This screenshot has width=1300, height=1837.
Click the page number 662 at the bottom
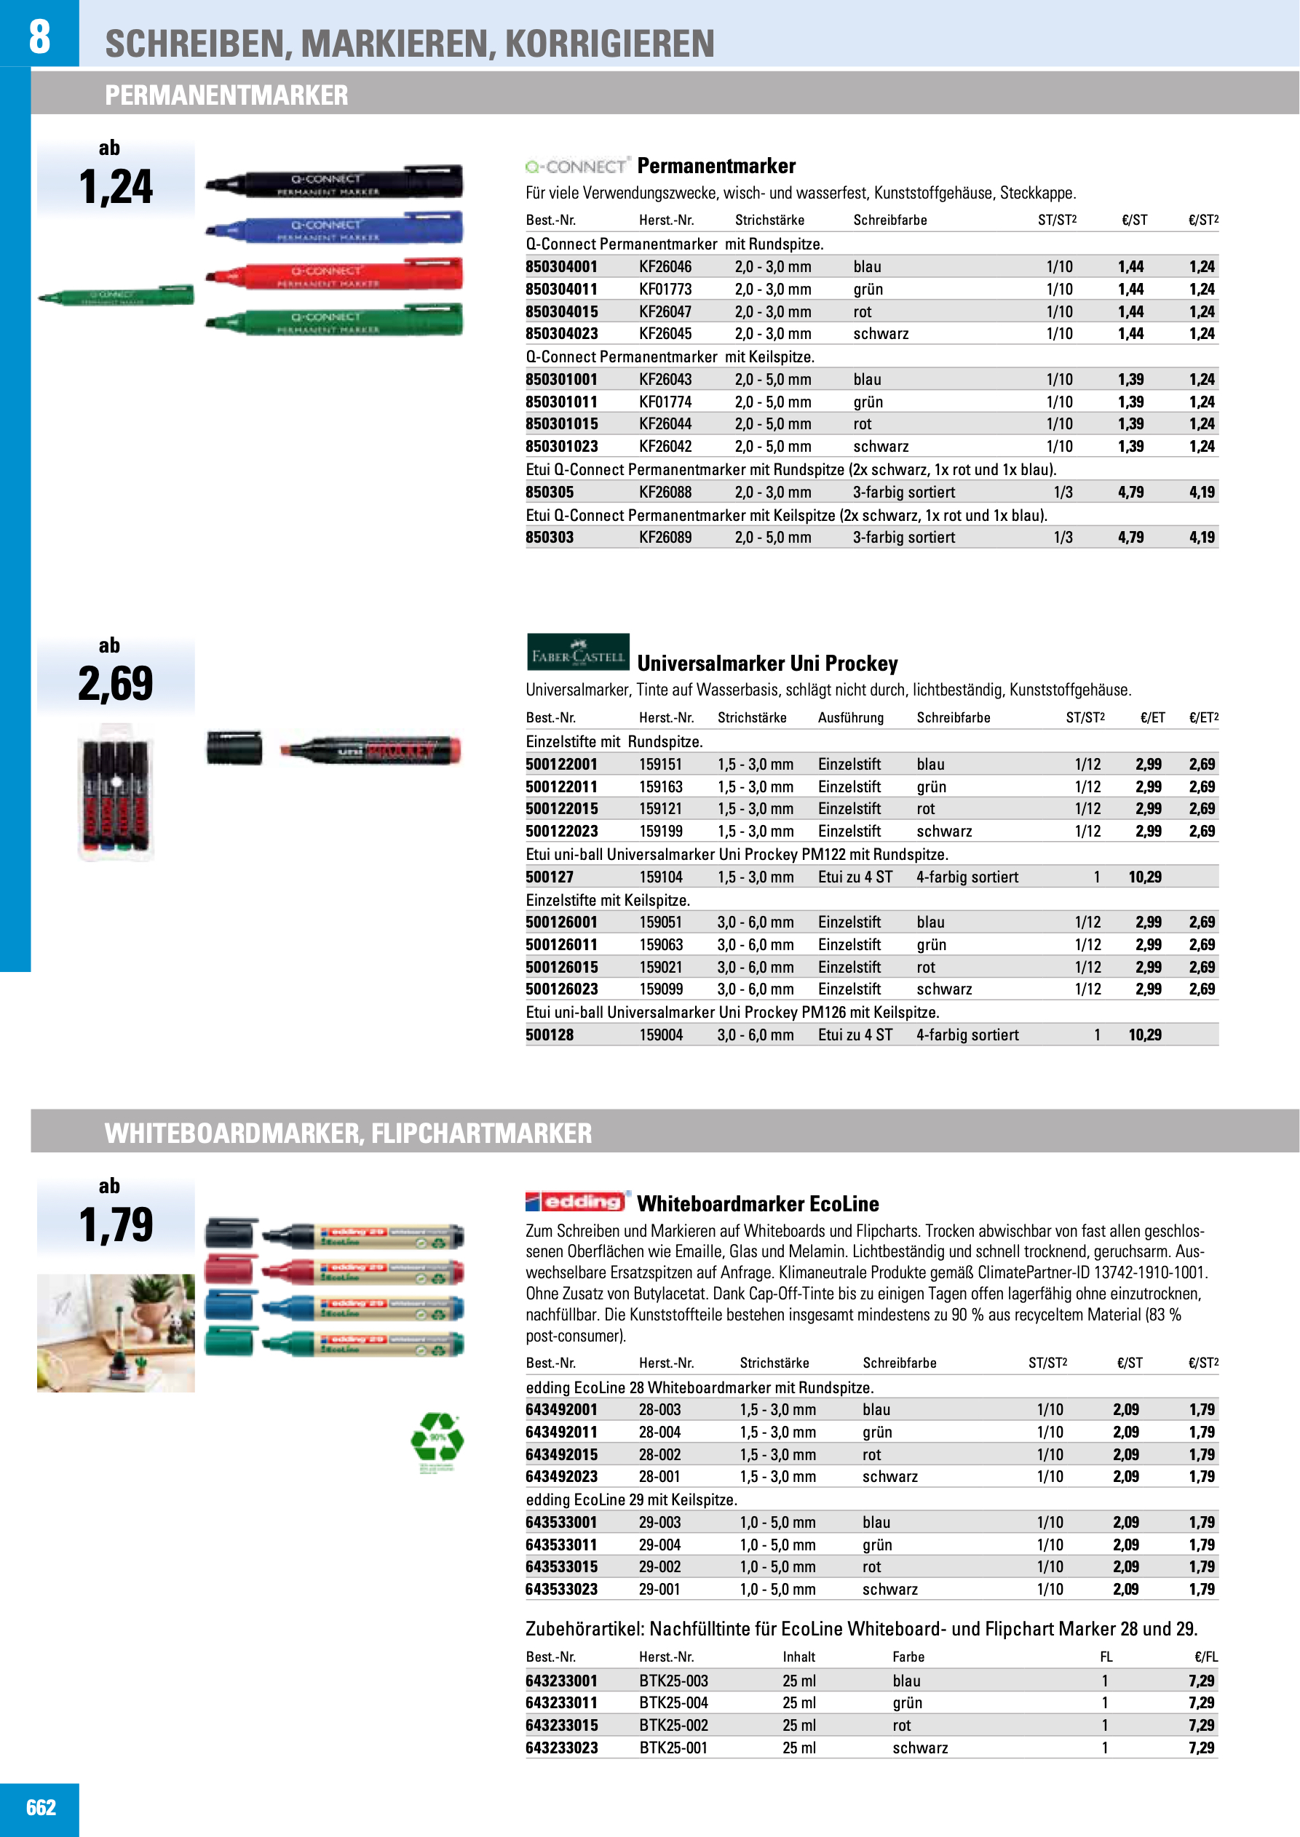[41, 1807]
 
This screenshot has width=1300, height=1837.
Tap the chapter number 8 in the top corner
[39, 35]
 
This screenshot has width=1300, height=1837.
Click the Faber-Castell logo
[577, 652]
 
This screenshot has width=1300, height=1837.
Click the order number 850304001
[561, 266]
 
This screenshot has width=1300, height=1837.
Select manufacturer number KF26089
[665, 537]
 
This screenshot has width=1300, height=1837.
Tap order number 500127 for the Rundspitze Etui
[549, 877]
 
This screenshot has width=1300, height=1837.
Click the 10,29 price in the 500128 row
[1144, 1035]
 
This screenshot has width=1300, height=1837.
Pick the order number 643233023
[561, 1748]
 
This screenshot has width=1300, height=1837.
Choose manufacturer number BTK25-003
[673, 1680]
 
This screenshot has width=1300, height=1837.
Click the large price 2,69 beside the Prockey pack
[115, 684]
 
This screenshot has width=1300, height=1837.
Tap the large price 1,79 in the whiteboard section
[116, 1225]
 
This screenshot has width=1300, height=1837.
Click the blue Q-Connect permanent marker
[335, 228]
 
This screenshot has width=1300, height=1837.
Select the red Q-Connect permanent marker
[335, 274]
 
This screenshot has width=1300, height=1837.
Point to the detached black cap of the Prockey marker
[234, 748]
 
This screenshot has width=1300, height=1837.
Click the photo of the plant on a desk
[116, 1332]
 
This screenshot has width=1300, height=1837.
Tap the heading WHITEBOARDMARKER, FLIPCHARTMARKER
[348, 1133]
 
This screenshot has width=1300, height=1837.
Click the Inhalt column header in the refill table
[798, 1657]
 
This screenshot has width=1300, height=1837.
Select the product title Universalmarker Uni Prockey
[767, 664]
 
